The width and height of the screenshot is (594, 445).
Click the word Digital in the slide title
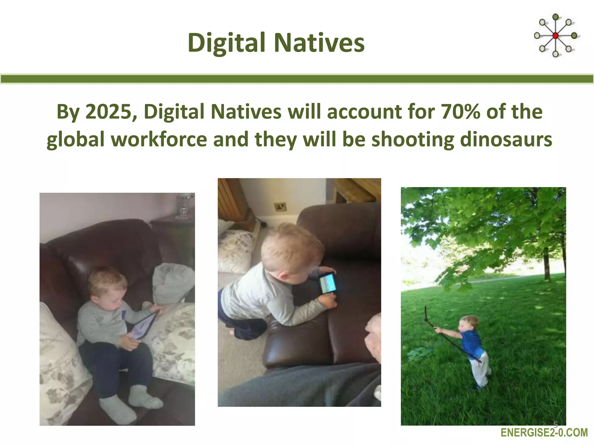[226, 43]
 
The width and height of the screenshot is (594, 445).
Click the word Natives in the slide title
[319, 43]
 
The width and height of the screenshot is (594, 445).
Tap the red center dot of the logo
[555, 36]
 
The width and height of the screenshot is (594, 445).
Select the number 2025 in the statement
[109, 112]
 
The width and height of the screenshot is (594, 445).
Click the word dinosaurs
[506, 139]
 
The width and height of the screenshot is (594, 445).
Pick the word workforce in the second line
[159, 139]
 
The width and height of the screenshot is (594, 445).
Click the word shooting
[413, 139]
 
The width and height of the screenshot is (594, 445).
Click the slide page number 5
[556, 425]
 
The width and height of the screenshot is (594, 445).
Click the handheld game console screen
[328, 283]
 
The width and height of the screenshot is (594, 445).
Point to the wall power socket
[280, 207]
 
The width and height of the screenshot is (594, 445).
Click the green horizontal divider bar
[297, 79]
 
